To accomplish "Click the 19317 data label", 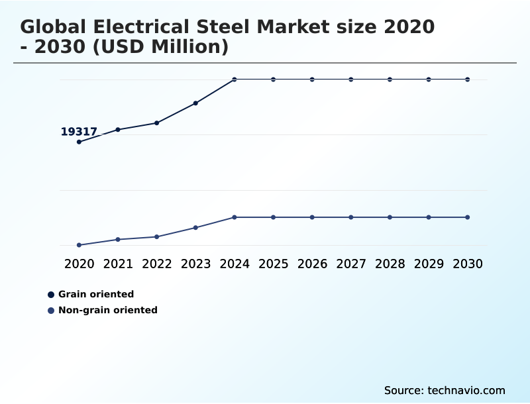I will click(79, 132).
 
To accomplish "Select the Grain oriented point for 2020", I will click(79, 142).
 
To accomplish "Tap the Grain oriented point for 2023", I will click(195, 103).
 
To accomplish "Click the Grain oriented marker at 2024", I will click(235, 79).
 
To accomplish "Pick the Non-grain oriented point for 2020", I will click(79, 245).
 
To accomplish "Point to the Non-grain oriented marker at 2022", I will click(157, 236).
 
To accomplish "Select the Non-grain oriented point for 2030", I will click(468, 217).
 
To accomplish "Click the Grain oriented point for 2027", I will click(351, 79).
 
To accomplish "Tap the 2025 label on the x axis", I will click(273, 264).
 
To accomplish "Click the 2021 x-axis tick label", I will click(118, 264).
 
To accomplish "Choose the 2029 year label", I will click(429, 264).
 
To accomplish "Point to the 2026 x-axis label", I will click(312, 264).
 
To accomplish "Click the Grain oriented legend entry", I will click(95, 294).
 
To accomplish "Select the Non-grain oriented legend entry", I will click(107, 310).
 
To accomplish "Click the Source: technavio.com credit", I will click(445, 390).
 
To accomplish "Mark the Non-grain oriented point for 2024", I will click(235, 217).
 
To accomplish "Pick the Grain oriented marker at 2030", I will click(468, 79).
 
